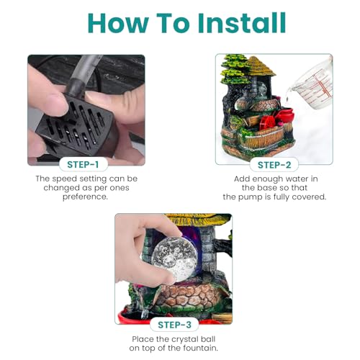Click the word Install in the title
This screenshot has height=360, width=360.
pyautogui.click(x=242, y=22)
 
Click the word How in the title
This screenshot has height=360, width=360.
pyautogui.click(x=118, y=22)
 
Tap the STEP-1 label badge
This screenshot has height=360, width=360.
pyautogui.click(x=83, y=165)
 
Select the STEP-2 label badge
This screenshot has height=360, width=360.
pyautogui.click(x=274, y=165)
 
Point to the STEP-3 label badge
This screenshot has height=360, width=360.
pyautogui.click(x=174, y=325)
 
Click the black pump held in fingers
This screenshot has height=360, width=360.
pyautogui.click(x=77, y=125)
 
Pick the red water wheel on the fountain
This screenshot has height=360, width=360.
pyautogui.click(x=268, y=122)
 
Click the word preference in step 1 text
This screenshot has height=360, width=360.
pyautogui.click(x=85, y=197)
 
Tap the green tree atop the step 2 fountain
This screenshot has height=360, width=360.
pyautogui.click(x=235, y=68)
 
